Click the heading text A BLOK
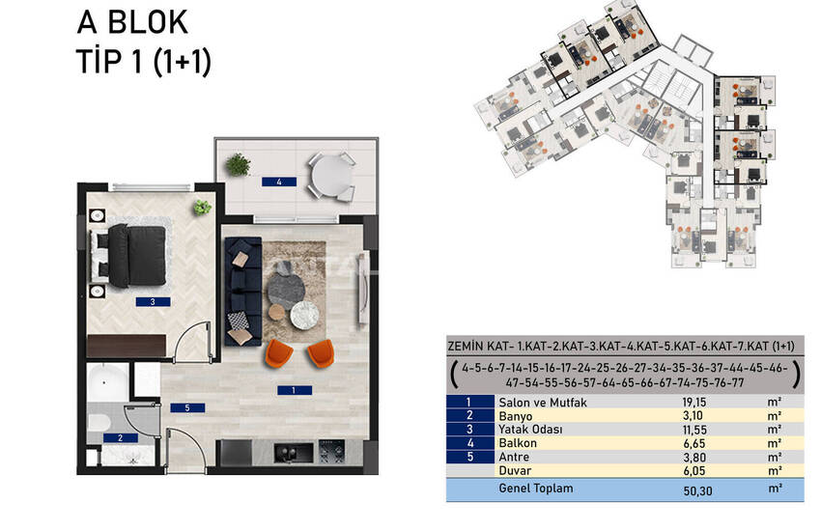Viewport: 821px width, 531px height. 132,23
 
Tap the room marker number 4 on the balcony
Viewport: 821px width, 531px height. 278,181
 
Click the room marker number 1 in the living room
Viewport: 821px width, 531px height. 292,390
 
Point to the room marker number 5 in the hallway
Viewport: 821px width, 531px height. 187,407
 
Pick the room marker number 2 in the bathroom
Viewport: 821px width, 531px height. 119,437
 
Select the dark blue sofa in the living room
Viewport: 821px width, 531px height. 241,291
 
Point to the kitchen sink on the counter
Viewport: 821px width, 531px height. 288,451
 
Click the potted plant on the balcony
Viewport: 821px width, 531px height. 238,164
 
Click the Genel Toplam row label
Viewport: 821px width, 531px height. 534,489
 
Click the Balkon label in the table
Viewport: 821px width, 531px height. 518,442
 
